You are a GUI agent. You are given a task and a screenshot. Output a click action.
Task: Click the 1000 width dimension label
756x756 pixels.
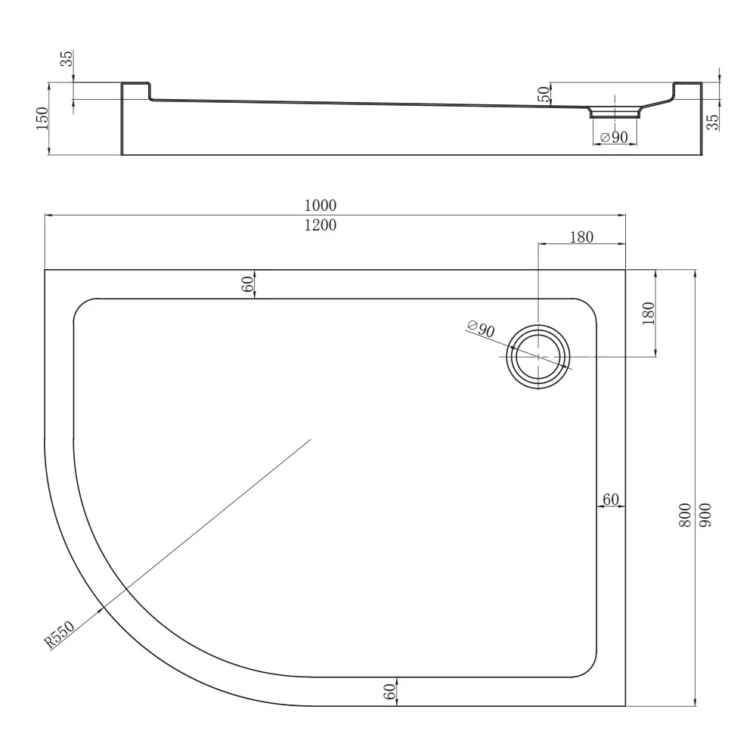320,206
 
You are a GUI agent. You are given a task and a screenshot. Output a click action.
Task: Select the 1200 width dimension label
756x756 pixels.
320,225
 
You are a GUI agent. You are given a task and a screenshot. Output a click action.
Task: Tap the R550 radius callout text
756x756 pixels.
59,634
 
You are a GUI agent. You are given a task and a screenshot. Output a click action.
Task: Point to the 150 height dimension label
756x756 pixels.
42,118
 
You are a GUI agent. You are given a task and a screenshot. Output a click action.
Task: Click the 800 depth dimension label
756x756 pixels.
685,515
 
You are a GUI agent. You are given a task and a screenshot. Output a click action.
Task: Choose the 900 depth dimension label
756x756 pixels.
705,515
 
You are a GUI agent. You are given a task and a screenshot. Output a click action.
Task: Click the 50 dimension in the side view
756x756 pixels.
544,94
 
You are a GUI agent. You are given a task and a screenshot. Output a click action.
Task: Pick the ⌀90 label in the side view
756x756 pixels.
614,138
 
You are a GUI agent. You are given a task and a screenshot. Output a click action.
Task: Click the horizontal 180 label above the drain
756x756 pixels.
581,237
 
